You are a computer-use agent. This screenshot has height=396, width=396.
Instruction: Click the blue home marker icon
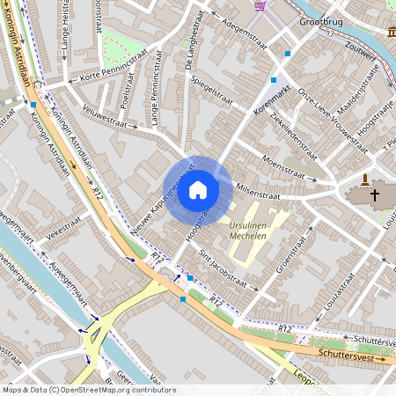(198, 189)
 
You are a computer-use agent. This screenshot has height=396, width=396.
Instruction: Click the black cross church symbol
(374, 194)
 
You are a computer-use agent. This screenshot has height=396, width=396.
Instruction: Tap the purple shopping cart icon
(260, 5)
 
